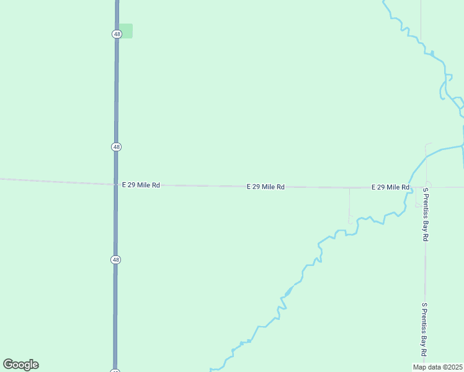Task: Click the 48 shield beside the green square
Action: click(x=117, y=34)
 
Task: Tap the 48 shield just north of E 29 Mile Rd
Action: click(x=117, y=147)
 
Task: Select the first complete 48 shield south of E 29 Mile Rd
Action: click(x=117, y=260)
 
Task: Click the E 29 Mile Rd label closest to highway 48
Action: click(x=141, y=185)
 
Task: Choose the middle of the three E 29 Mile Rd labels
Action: click(x=265, y=187)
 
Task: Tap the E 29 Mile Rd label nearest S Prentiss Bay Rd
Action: click(x=390, y=187)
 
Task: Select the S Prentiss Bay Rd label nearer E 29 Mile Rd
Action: click(x=426, y=215)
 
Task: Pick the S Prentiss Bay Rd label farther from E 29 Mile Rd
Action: click(x=424, y=329)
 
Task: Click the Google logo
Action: click(x=20, y=365)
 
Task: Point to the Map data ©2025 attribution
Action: click(x=438, y=367)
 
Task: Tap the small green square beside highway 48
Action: click(x=126, y=31)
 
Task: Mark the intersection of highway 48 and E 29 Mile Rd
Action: click(x=116, y=184)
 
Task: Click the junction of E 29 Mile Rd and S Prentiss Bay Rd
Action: click(x=426, y=187)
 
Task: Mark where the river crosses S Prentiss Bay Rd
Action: click(x=426, y=157)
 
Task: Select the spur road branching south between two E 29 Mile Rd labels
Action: click(x=349, y=205)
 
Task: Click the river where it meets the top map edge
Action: click(x=384, y=2)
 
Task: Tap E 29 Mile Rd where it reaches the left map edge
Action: click(x=2, y=179)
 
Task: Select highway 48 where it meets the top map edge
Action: click(x=117, y=2)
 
